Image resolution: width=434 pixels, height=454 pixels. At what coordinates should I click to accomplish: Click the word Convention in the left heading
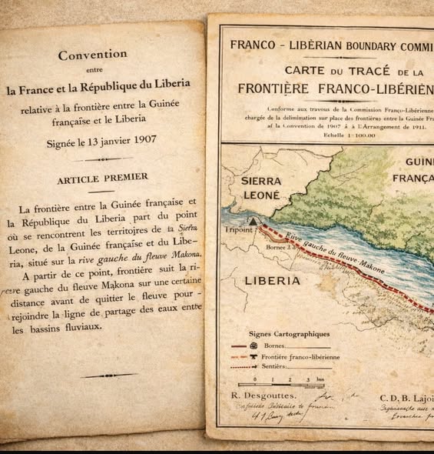[x=93, y=55]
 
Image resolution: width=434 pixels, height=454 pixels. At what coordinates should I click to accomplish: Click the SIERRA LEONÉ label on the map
[x=262, y=188]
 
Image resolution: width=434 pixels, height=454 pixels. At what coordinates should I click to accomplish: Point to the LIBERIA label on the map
[x=273, y=281]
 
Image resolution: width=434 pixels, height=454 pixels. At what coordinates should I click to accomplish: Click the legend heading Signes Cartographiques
[x=290, y=334]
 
